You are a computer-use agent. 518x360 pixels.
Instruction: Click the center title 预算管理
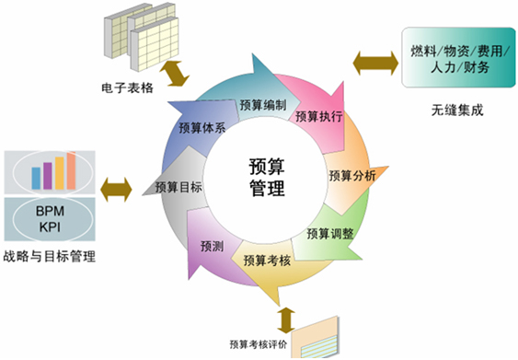point(267,178)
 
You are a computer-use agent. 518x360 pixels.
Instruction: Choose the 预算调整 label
point(330,233)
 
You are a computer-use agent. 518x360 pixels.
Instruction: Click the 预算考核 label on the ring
point(268,261)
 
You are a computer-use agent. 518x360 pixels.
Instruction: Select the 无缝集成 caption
point(456,110)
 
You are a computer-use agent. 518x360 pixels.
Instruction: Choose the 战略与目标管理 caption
point(50,256)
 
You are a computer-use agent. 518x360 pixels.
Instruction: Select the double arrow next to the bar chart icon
point(117,189)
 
